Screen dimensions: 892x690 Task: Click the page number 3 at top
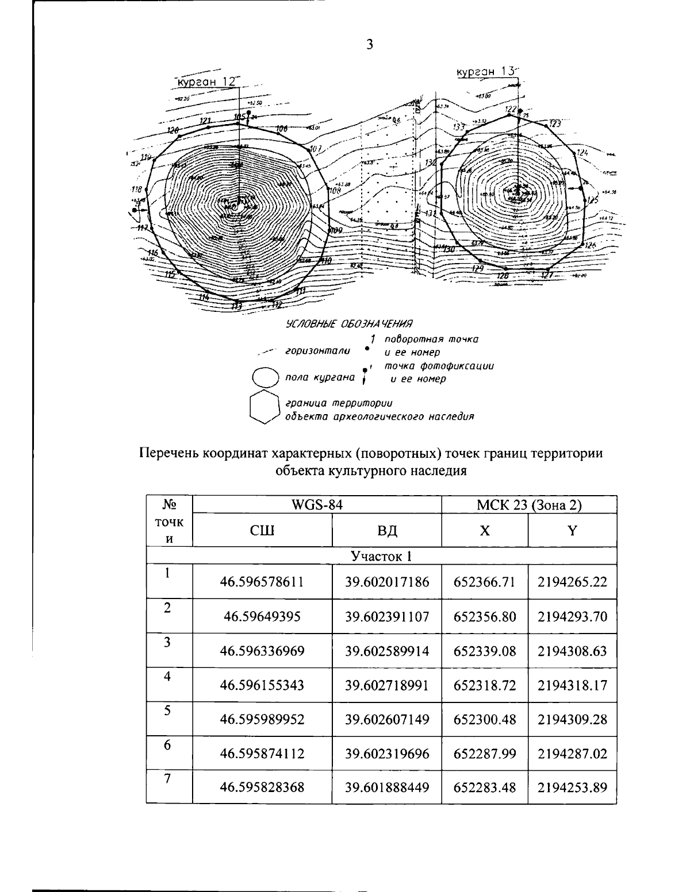tap(370, 45)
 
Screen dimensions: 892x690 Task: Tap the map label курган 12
tap(206, 82)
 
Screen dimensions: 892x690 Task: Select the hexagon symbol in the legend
tap(264, 407)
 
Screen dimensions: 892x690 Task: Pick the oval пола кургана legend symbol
tap(267, 377)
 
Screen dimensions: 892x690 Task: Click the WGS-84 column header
tap(317, 505)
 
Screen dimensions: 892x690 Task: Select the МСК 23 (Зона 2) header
tap(529, 505)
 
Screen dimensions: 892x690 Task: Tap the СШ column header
tap(262, 530)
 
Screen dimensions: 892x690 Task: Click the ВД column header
tap(387, 530)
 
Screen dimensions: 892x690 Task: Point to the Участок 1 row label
tap(381, 556)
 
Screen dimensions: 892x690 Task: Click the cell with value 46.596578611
tap(262, 582)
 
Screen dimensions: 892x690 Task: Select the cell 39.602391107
tap(387, 617)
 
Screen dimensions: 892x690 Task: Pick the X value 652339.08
tap(485, 651)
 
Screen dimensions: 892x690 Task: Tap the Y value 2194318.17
tap(572, 685)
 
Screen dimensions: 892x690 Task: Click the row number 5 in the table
tap(167, 711)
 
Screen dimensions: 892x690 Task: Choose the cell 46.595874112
tap(262, 753)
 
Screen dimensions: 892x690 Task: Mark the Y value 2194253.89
tap(572, 787)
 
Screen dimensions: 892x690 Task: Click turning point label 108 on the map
tap(335, 191)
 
